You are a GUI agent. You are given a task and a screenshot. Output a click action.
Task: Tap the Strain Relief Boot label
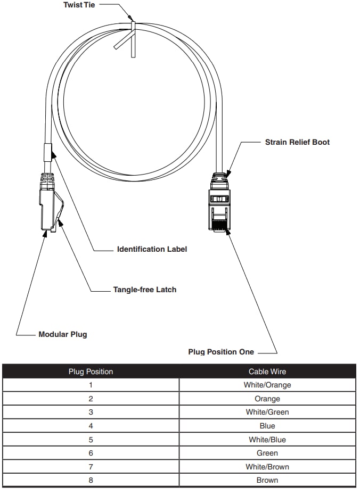coord(297,142)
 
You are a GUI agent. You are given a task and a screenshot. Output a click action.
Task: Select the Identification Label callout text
coord(152,249)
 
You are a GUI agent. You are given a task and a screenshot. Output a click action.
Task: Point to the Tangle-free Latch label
coord(144,290)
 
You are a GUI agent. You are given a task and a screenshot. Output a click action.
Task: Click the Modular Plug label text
coord(62,335)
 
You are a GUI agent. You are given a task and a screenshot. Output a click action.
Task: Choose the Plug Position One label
coord(221,352)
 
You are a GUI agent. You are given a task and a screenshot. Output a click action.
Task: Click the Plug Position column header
coord(91,372)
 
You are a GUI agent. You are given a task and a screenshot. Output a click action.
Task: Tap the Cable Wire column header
coord(267,372)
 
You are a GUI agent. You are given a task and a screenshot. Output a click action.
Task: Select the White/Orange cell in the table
coord(267,385)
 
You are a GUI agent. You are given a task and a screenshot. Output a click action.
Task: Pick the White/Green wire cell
coord(267,412)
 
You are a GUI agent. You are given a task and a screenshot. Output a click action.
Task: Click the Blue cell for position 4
coord(267,426)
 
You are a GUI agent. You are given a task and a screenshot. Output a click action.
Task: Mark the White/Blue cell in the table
coord(267,440)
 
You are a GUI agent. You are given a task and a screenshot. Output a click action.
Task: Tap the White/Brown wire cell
coord(267,467)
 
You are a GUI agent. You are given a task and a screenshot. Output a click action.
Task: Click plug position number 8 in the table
coord(91,480)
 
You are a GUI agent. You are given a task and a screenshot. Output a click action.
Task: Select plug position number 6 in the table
coord(91,453)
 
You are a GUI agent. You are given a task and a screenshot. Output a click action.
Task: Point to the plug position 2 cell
coord(91,399)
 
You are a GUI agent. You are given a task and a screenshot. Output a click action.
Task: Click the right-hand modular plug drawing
coord(219,205)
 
